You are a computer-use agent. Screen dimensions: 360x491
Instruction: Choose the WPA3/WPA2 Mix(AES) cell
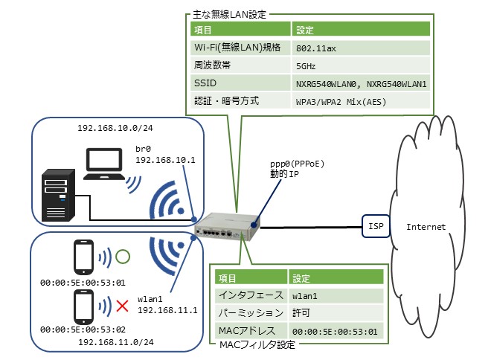click(361, 101)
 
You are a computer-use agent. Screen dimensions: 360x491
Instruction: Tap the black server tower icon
click(57, 195)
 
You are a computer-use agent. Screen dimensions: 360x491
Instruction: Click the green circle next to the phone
click(123, 257)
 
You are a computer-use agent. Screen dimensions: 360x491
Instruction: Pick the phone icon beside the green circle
click(83, 257)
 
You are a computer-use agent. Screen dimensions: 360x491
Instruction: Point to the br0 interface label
click(144, 149)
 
